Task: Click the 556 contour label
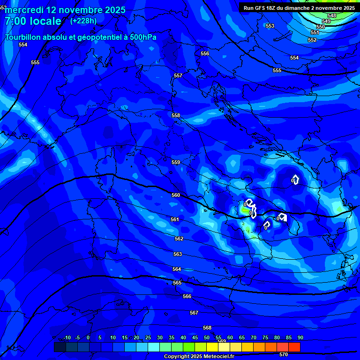coord(205,54)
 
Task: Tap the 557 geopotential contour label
coord(178,75)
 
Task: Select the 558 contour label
coord(176,115)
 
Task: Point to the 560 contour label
coord(176,195)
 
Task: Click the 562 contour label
coord(179,239)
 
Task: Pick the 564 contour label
coord(177,269)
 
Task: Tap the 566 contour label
coord(187,296)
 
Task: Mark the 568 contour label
coord(207,328)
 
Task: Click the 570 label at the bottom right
coord(284,355)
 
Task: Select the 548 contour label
coord(332,15)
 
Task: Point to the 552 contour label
coord(312,40)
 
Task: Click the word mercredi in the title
coord(24,10)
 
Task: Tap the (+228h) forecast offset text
coord(83,21)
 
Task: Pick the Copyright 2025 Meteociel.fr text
coord(199,356)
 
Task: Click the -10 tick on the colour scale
coord(67,337)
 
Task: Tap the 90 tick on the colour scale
coord(300,337)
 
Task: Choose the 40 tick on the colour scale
coord(183,337)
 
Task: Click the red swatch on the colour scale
coord(294,347)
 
